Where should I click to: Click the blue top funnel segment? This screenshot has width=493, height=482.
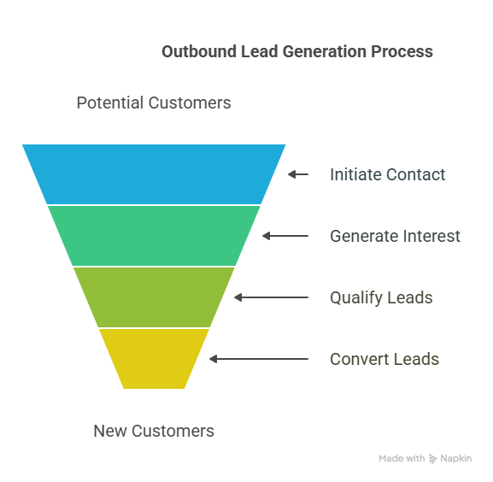(x=154, y=174)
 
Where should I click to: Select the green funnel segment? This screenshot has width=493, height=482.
(x=154, y=236)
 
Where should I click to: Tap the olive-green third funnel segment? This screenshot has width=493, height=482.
(x=154, y=297)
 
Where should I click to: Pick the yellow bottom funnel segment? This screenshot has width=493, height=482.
(x=154, y=359)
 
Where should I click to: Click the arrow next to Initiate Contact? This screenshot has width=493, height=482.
(x=298, y=174)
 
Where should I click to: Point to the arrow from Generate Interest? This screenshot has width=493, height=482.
(x=285, y=236)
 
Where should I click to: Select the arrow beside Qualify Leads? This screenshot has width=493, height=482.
(x=271, y=297)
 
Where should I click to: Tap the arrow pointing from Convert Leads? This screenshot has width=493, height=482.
(x=259, y=359)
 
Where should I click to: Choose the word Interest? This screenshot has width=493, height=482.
(x=431, y=236)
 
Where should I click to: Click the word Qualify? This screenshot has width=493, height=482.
(x=356, y=298)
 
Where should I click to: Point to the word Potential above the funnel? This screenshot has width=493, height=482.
(x=110, y=103)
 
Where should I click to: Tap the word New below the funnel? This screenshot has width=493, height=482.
(x=110, y=431)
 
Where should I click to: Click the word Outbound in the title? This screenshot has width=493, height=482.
(x=199, y=51)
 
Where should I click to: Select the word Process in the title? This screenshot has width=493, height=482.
(x=402, y=51)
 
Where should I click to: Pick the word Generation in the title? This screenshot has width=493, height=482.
(x=325, y=51)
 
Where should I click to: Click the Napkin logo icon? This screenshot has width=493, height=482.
(x=433, y=459)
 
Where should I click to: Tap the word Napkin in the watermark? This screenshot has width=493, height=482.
(x=456, y=458)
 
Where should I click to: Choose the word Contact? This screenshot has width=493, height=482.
(x=416, y=174)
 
